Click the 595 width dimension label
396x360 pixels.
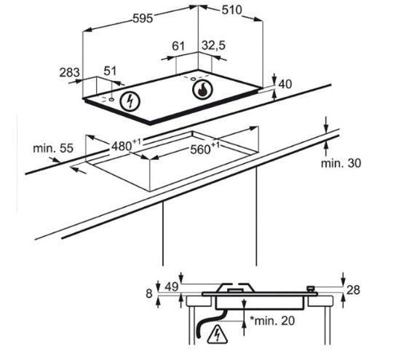pyautogui.click(x=143, y=18)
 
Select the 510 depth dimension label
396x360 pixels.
pyautogui.click(x=231, y=10)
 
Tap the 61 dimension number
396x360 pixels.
pyautogui.click(x=178, y=46)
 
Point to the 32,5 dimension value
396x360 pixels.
pyautogui.click(x=213, y=46)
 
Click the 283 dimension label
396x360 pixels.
pyautogui.click(x=69, y=73)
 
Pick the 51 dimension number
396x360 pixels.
pyautogui.click(x=110, y=71)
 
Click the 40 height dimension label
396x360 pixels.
pyautogui.click(x=285, y=84)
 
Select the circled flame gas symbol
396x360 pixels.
pyautogui.click(x=202, y=90)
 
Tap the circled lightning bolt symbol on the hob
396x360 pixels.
pyautogui.click(x=130, y=101)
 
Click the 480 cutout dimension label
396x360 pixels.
pyautogui.click(x=125, y=145)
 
